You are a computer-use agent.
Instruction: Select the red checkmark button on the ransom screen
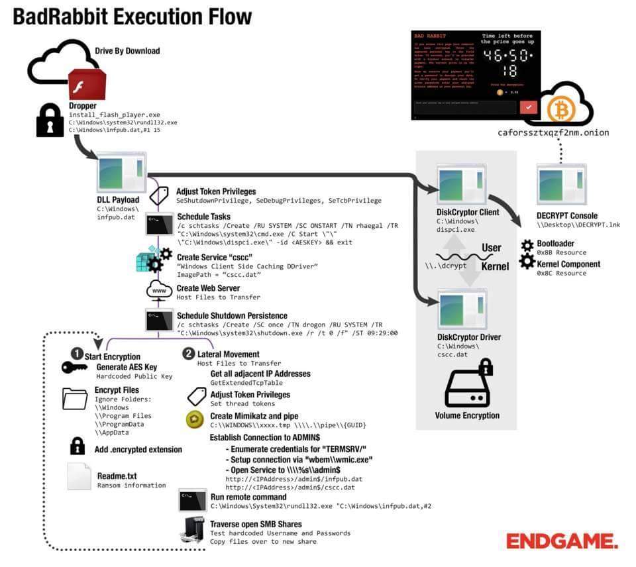(528, 107)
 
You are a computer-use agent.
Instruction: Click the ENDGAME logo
(562, 541)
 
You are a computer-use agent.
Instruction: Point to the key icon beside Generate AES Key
(74, 368)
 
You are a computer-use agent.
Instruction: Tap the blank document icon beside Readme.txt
(79, 476)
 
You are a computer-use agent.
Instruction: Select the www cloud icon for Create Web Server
(159, 291)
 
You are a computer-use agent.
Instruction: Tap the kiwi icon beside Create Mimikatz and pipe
(194, 418)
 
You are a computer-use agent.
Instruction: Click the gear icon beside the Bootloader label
(527, 246)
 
